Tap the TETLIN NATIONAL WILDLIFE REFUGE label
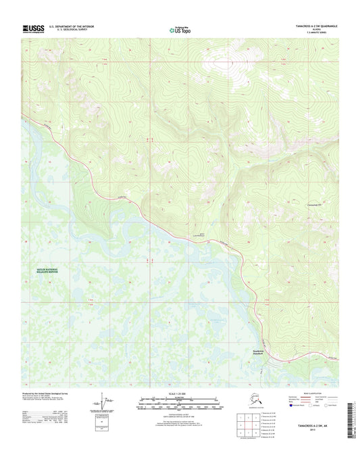43,270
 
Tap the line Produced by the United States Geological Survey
47,391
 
